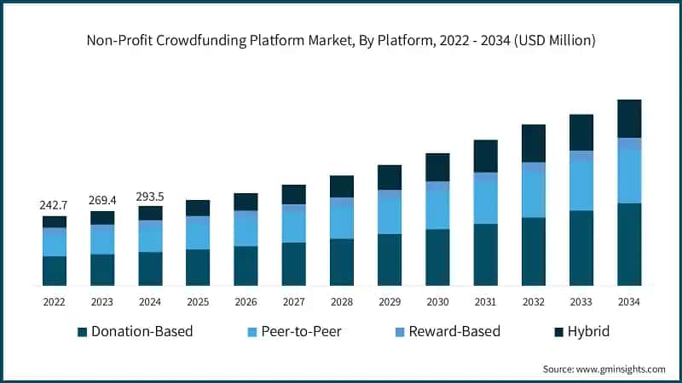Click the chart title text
[x=341, y=40]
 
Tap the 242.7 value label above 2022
[x=54, y=205]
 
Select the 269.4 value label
[x=101, y=200]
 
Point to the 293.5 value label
[x=149, y=196]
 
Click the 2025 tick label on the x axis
[x=198, y=301]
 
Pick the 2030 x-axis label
[x=437, y=301]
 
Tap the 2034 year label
[x=628, y=301]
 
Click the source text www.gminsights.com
[x=604, y=369]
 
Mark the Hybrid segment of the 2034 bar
[x=629, y=118]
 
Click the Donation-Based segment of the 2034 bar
[x=629, y=244]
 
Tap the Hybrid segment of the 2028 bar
[x=342, y=186]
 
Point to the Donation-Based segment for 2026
[x=246, y=266]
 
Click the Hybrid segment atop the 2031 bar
[x=486, y=156]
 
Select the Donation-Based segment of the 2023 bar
[x=102, y=269]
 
